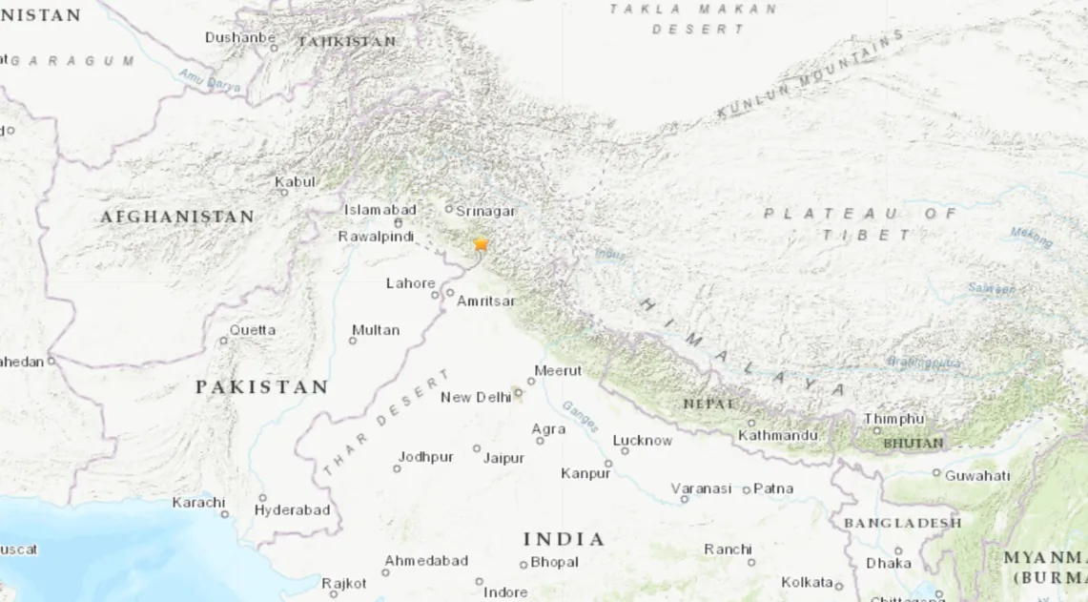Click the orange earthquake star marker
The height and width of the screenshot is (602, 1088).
click(481, 244)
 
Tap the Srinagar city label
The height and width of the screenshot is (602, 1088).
click(485, 211)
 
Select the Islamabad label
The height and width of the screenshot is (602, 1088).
click(380, 210)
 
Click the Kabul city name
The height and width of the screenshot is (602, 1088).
click(295, 182)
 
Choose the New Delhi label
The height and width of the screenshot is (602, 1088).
click(476, 397)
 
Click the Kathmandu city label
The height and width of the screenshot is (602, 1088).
click(777, 436)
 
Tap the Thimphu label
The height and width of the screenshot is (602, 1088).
click(893, 419)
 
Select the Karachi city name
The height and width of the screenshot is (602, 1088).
click(198, 502)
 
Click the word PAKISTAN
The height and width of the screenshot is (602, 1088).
click(261, 387)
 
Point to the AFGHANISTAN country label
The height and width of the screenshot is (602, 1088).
click(177, 218)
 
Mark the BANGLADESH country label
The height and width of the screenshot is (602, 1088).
click(902, 523)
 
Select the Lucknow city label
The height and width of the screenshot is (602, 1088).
click(642, 441)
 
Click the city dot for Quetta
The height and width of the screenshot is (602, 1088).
click(224, 341)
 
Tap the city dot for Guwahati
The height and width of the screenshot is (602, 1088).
click(936, 473)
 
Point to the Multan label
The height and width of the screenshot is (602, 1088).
click(376, 330)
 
